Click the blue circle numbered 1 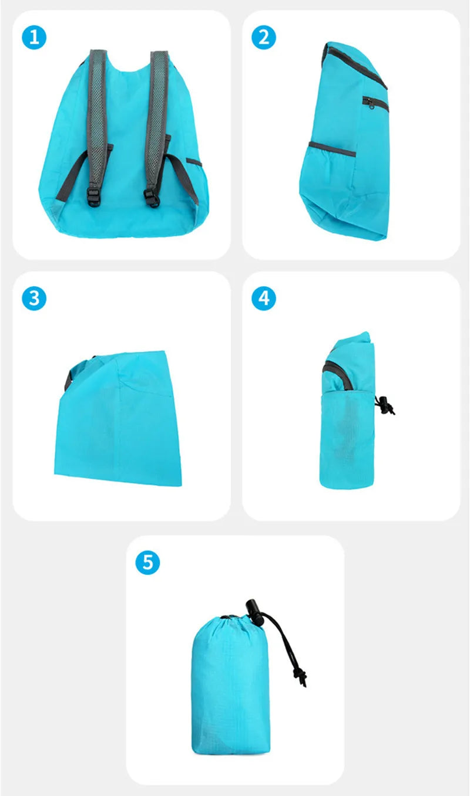[34, 37]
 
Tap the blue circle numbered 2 [264, 37]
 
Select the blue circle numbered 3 [34, 298]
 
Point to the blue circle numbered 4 [264, 298]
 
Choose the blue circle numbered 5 [147, 562]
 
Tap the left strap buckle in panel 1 [94, 197]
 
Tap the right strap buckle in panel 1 [152, 198]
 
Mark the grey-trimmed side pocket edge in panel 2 [331, 148]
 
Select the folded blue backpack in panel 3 [118, 418]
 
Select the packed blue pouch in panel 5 [230, 685]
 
